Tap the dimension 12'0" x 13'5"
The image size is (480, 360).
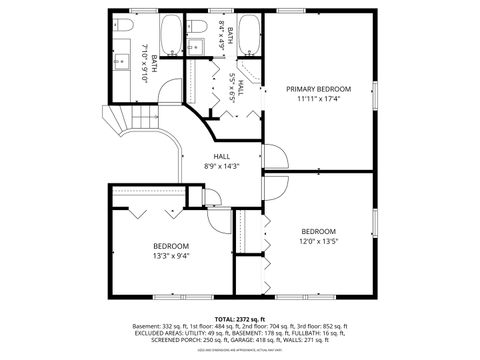pyautogui.click(x=318, y=240)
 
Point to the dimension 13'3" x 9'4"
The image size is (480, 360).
pyautogui.click(x=171, y=255)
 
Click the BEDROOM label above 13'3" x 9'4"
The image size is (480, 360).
pyautogui.click(x=171, y=246)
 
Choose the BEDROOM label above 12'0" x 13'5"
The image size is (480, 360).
pyautogui.click(x=318, y=230)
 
